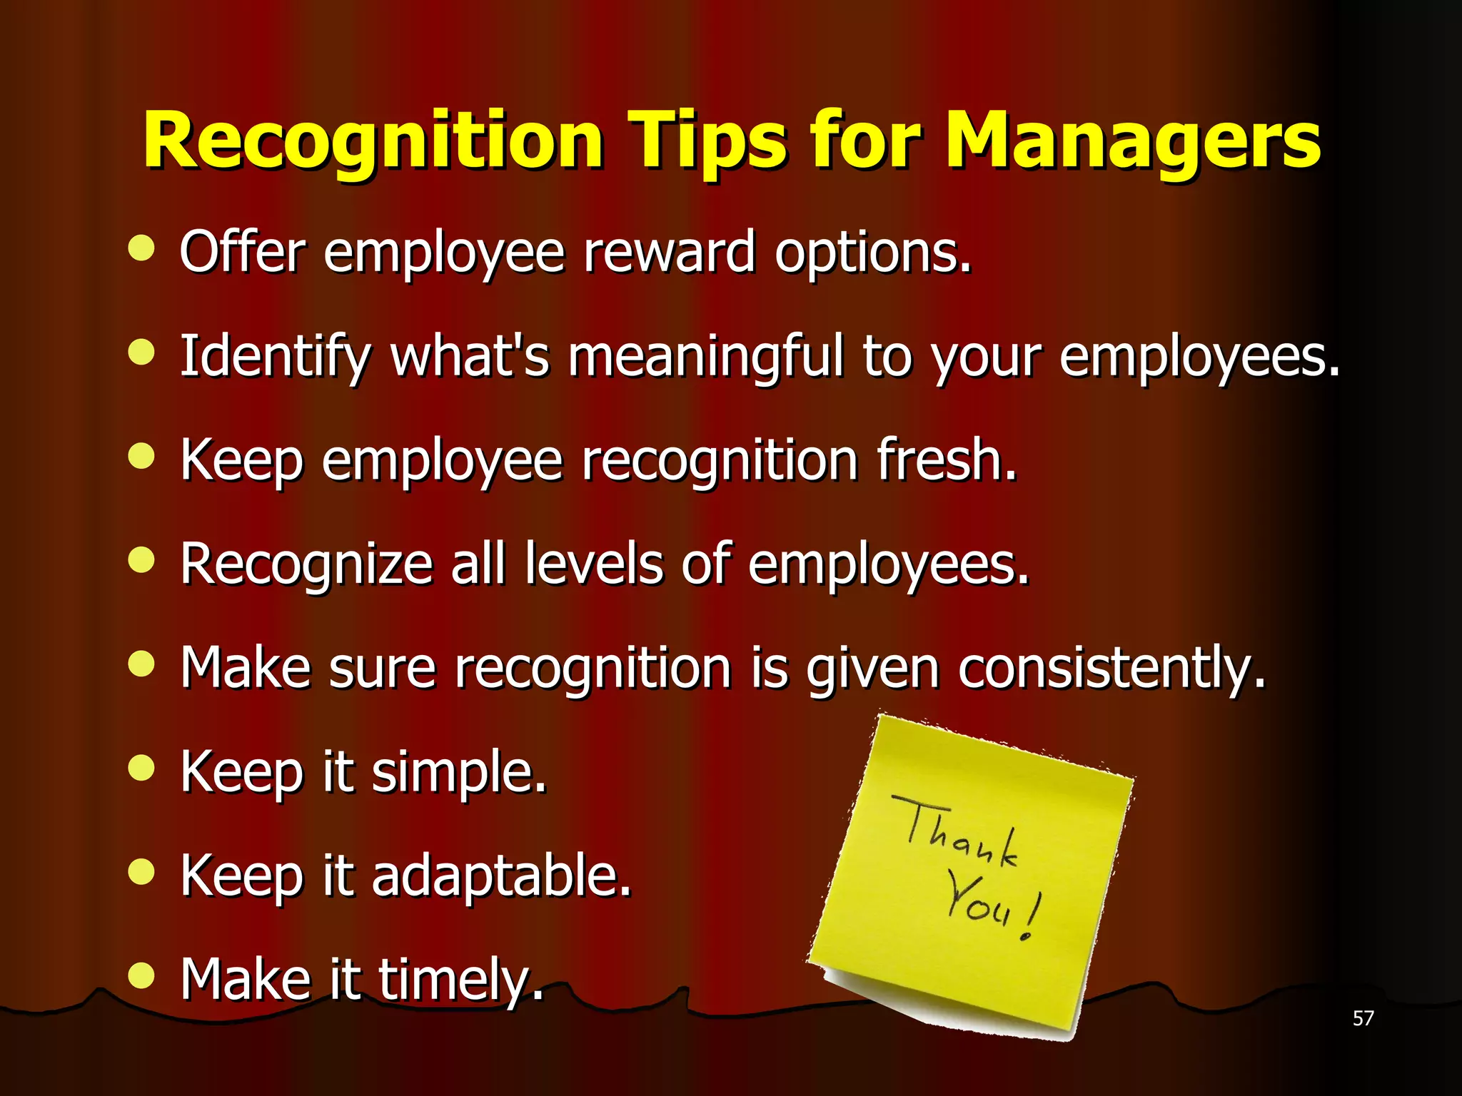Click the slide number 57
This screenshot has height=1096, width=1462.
1363,1018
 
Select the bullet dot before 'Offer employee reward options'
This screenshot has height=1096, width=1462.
141,248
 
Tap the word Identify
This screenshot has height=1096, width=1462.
275,356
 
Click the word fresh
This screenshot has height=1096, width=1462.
946,460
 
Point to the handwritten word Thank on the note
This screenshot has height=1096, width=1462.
957,831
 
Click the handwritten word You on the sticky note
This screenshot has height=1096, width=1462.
978,903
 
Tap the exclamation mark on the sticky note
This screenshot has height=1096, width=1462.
1032,917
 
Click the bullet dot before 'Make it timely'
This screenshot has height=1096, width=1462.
141,975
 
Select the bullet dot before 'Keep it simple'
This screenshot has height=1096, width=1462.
141,768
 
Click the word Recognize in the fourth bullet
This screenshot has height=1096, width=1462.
306,564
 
